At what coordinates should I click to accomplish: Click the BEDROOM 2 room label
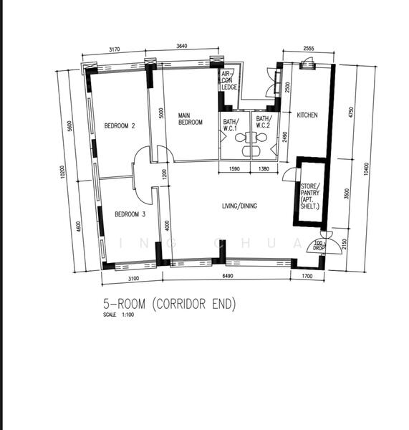point(120,125)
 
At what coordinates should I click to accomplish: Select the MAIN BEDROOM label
point(190,119)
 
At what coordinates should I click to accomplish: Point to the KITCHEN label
point(307,115)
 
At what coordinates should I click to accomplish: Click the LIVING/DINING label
point(239,206)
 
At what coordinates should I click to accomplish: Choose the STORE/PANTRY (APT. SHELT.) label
point(310,196)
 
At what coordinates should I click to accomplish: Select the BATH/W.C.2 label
point(263,123)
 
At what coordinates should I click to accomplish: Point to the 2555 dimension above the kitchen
point(308,48)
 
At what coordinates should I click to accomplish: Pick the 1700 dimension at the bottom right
point(308,276)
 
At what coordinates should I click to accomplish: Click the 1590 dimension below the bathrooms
point(234,168)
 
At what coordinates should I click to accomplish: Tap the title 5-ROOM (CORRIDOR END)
point(169,305)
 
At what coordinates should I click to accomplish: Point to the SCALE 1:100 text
point(120,315)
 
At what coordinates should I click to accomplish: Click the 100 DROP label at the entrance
point(319,246)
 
